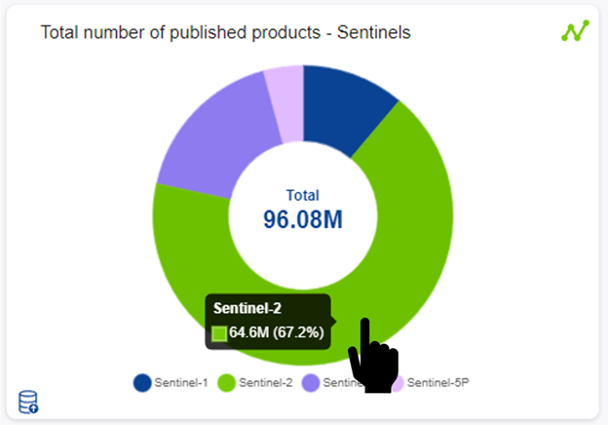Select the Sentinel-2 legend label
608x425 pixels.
click(x=265, y=382)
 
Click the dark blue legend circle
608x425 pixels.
click(x=142, y=382)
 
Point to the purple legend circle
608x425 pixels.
click(x=311, y=382)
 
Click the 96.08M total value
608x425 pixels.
click(x=303, y=219)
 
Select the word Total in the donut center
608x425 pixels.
click(x=303, y=195)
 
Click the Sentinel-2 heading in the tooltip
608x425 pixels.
click(x=247, y=309)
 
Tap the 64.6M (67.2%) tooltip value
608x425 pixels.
click(x=277, y=334)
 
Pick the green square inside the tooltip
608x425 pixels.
click(x=219, y=334)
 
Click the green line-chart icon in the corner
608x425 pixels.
click(x=575, y=30)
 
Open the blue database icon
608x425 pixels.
click(x=29, y=401)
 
